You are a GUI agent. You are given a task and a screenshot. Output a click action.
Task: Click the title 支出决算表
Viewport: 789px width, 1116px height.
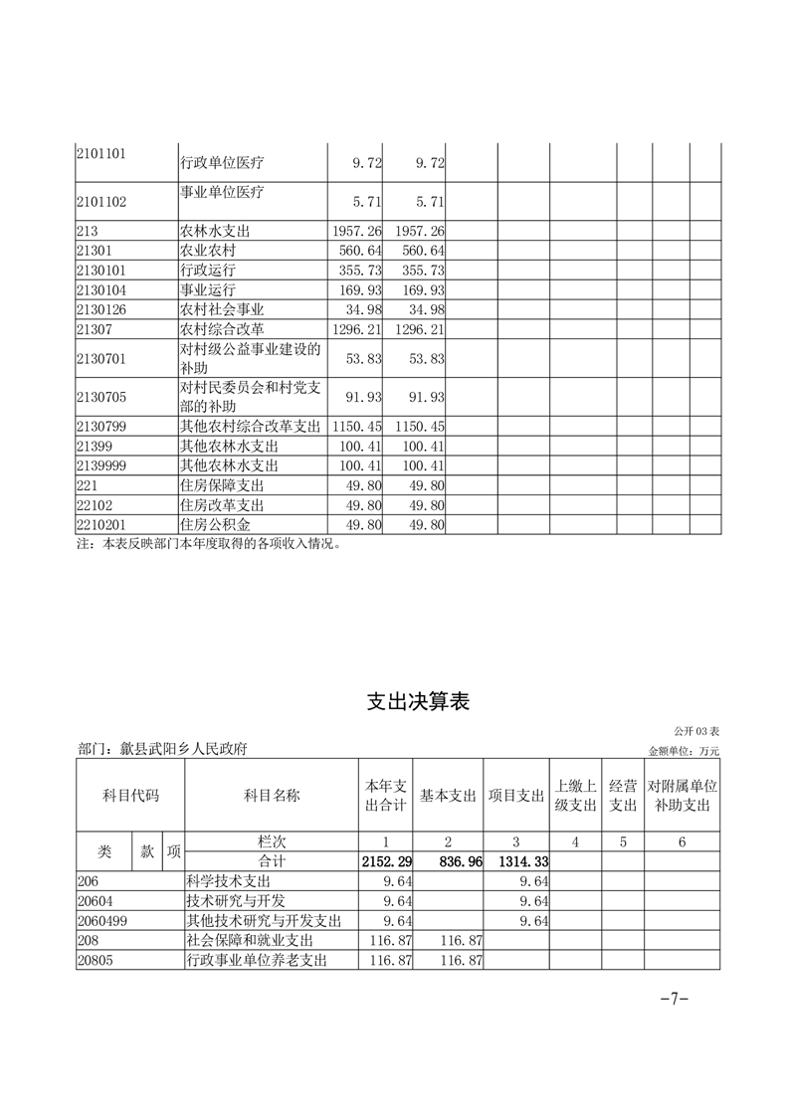(x=418, y=702)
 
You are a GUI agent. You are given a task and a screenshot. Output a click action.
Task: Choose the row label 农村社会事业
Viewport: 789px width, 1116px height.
(x=221, y=309)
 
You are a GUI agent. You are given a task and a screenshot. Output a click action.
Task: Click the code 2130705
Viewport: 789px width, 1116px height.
(x=101, y=397)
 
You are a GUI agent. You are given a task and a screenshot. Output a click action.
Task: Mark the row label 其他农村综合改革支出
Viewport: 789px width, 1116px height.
(x=250, y=426)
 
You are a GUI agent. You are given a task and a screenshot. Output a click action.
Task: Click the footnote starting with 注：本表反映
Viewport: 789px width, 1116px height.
(x=215, y=544)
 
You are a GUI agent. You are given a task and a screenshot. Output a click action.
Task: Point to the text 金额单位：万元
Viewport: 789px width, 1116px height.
(x=683, y=751)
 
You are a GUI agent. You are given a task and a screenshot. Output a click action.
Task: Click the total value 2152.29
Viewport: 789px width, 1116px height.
(x=387, y=860)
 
